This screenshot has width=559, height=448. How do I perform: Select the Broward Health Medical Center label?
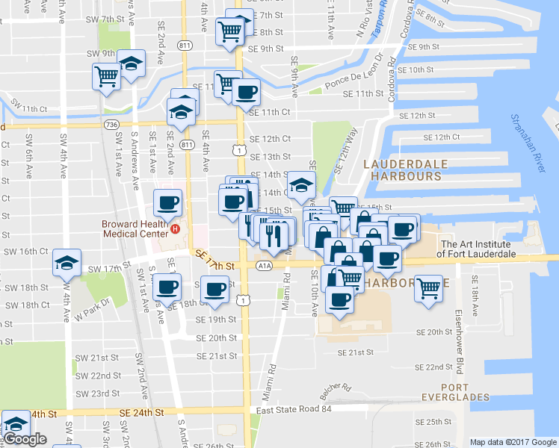point(135,228)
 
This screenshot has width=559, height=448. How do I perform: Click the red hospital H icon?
point(176,228)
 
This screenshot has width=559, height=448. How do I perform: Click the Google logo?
point(25,439)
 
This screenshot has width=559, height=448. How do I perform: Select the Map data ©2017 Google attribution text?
point(513,442)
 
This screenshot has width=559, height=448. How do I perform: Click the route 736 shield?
point(112,124)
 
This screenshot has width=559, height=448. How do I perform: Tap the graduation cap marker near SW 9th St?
point(132,64)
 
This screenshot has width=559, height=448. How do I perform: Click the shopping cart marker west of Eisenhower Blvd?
point(428,286)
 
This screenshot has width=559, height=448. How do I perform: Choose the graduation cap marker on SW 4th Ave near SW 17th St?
point(67,263)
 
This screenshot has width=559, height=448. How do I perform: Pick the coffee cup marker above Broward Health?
point(167,202)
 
